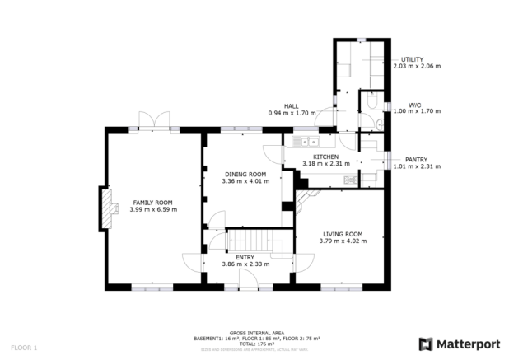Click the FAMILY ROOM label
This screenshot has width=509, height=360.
click(x=153, y=202)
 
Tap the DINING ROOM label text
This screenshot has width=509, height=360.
click(x=245, y=175)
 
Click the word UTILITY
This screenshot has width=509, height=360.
click(x=412, y=59)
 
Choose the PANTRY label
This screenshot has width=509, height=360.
click(x=417, y=159)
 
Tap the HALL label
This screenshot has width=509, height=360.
click(x=291, y=106)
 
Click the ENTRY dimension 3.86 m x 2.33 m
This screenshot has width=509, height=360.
click(x=245, y=264)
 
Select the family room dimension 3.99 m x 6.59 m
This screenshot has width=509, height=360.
click(x=153, y=209)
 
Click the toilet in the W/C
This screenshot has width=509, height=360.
click(x=372, y=102)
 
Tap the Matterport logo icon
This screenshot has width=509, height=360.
click(x=427, y=343)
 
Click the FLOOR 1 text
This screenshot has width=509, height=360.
click(x=23, y=348)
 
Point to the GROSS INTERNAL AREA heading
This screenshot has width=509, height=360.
click(x=254, y=333)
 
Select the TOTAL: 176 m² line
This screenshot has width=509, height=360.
click(x=254, y=344)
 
